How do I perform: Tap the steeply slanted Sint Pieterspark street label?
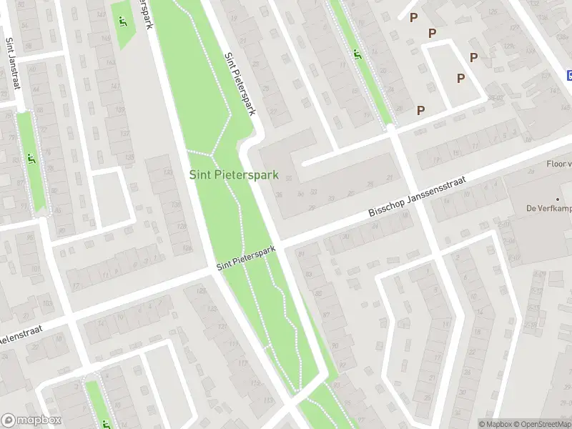click(x=240, y=84)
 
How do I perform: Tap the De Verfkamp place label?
click(x=548, y=209)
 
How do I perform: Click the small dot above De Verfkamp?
click(x=558, y=199)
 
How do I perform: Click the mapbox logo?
click(x=31, y=420)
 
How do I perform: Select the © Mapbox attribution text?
click(x=495, y=423)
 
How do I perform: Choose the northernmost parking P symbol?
click(x=413, y=18)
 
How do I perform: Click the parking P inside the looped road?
click(x=461, y=78)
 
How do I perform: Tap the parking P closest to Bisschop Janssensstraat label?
click(x=421, y=110)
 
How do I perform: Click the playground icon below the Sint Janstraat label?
click(x=31, y=159)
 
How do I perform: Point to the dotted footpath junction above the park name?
click(x=213, y=154)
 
